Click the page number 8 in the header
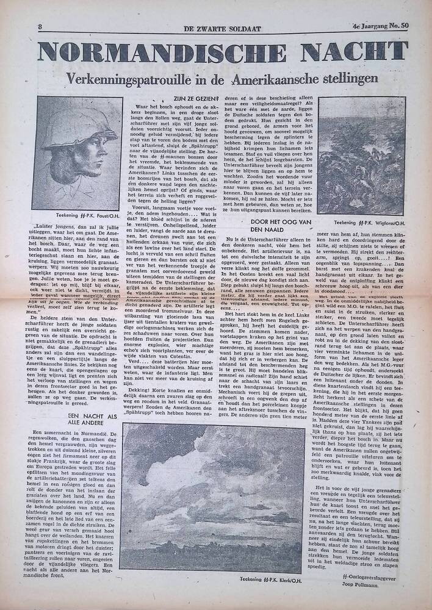(x=40, y=27)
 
